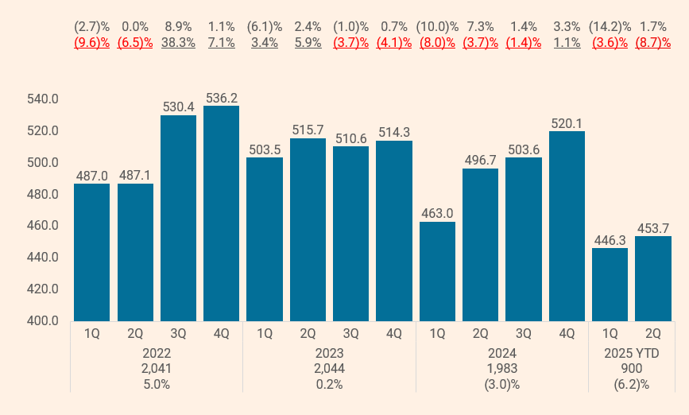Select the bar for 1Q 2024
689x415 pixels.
437,271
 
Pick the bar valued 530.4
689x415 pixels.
178,218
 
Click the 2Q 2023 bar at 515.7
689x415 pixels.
308,230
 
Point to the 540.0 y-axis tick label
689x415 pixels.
44,99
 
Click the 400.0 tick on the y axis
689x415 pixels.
44,321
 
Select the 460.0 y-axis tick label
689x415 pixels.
44,226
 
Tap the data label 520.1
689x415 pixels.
567,122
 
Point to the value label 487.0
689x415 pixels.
91,175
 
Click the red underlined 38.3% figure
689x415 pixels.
178,43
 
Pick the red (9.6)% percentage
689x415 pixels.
91,43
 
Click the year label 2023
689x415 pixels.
329,352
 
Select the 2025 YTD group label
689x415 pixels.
631,352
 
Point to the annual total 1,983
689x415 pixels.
501,368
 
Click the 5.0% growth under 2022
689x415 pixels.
157,384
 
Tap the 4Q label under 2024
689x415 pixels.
567,335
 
